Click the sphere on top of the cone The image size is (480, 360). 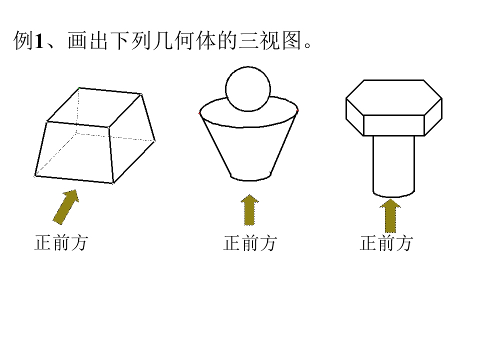pyautogui.click(x=248, y=89)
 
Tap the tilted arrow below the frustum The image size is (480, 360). pyautogui.click(x=66, y=207)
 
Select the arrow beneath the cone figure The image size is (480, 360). pyautogui.click(x=249, y=210)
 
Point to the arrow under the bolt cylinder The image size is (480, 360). pyautogui.click(x=390, y=215)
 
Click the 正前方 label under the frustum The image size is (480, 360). pyautogui.click(x=61, y=243)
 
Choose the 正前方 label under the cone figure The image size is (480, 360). pyautogui.click(x=250, y=243)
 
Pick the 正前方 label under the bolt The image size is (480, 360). pyautogui.click(x=386, y=243)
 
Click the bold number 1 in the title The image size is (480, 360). pyautogui.click(x=39, y=40)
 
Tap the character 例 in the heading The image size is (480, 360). pyautogui.click(x=23, y=40)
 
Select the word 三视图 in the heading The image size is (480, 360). pyautogui.click(x=270, y=40)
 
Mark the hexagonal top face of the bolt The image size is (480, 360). pyautogui.click(x=394, y=97)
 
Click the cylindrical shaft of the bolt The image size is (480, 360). pyautogui.click(x=393, y=166)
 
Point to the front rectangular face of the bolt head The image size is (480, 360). pyautogui.click(x=394, y=125)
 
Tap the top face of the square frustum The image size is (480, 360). pyautogui.click(x=94, y=107)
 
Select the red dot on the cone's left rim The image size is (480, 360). pyautogui.click(x=200, y=113)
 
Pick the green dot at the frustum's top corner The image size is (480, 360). pyautogui.click(x=79, y=88)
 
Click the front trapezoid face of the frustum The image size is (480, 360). pyautogui.click(x=73, y=152)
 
